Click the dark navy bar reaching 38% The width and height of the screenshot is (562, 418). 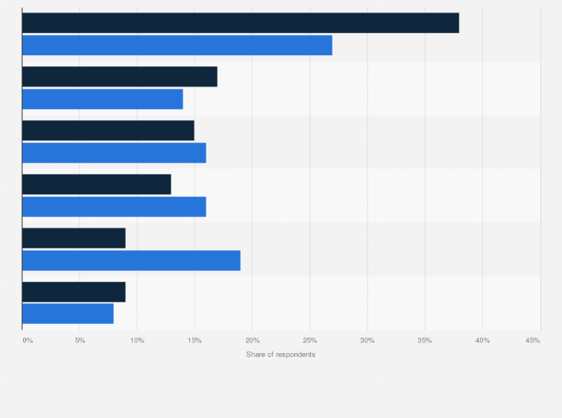pyautogui.click(x=240, y=23)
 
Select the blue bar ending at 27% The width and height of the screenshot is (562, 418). pyautogui.click(x=177, y=45)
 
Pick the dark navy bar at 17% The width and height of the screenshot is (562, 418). pyautogui.click(x=119, y=77)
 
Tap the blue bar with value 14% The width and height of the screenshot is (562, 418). pyautogui.click(x=102, y=99)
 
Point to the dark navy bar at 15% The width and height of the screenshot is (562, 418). pyautogui.click(x=108, y=131)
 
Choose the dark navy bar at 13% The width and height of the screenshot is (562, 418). pyautogui.click(x=96, y=184)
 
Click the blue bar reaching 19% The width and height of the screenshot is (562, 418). pyautogui.click(x=131, y=260)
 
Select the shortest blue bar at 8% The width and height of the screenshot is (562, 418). pyautogui.click(x=68, y=313)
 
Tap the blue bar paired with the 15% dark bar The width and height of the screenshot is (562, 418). pyautogui.click(x=114, y=152)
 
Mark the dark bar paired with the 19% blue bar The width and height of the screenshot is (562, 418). pyautogui.click(x=74, y=238)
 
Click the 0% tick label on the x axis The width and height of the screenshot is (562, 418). pyautogui.click(x=28, y=340)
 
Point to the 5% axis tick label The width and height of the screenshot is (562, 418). pyautogui.click(x=80, y=340)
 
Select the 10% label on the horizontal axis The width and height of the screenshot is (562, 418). pyautogui.click(x=137, y=340)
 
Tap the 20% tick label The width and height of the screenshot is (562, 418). pyautogui.click(x=252, y=340)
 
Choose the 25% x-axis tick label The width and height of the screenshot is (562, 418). pyautogui.click(x=309, y=340)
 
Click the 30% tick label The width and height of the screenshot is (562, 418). pyautogui.click(x=367, y=340)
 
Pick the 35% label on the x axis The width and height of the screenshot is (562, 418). pyautogui.click(x=424, y=340)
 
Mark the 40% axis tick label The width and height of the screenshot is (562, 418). pyautogui.click(x=482, y=340)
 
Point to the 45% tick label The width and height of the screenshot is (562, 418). pyautogui.click(x=532, y=340)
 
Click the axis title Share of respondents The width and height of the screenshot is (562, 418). pyautogui.click(x=280, y=354)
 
